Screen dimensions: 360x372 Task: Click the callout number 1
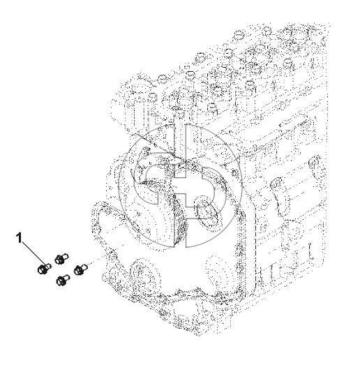[x=20, y=238]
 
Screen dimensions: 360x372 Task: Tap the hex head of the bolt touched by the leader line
[x=42, y=270]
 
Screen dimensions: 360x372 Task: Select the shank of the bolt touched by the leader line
[x=48, y=267]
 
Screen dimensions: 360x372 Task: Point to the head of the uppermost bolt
[x=59, y=260]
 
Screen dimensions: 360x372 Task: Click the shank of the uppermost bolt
[x=66, y=256]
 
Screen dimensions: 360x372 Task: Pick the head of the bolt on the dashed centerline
[x=78, y=270]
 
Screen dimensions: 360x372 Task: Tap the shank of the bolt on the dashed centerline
[x=84, y=267]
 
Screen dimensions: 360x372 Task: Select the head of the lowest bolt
[x=61, y=281]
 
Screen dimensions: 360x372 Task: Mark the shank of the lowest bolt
[x=67, y=277]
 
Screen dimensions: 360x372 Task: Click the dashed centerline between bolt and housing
[x=105, y=254]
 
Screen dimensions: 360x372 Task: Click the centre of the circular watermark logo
[x=180, y=186]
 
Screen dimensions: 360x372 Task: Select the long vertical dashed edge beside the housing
[x=255, y=251]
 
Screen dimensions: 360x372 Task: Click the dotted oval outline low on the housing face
[x=218, y=273]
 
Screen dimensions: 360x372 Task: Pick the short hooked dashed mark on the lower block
[x=310, y=251]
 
